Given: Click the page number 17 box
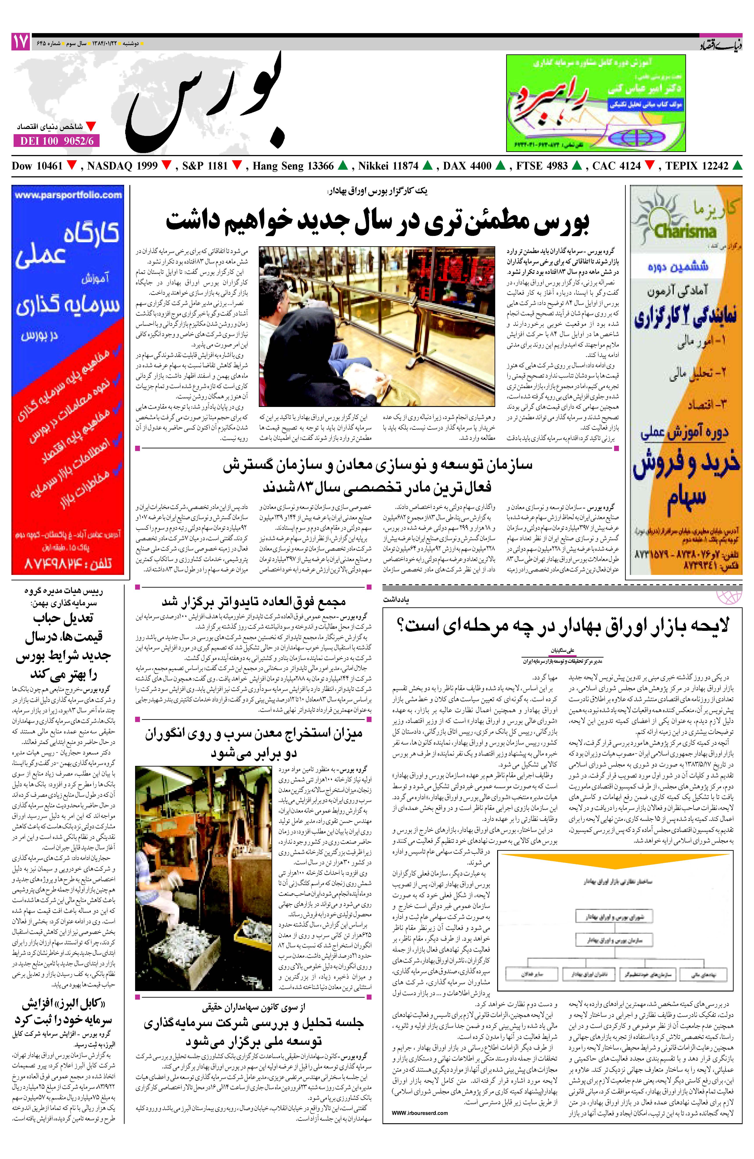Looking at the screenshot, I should [20, 42].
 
